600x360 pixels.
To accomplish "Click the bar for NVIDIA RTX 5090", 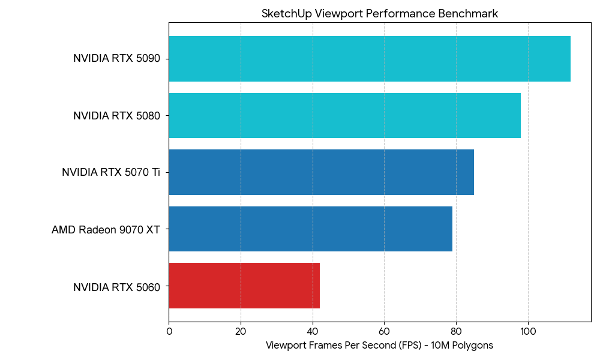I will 369,59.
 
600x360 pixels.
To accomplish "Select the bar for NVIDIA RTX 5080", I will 344,115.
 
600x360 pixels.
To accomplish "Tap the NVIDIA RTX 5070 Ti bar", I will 321,172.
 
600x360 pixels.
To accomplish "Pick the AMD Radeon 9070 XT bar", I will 310,229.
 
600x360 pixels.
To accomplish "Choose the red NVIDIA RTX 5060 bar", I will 244,286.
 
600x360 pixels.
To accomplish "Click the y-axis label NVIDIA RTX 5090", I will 116,59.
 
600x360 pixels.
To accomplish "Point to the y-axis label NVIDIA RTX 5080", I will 116,116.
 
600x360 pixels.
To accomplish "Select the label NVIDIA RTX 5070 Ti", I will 111,173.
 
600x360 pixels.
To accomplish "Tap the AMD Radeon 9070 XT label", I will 106,229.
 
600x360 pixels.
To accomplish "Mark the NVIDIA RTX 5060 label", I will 116,287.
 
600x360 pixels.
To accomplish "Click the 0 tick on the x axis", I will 169,331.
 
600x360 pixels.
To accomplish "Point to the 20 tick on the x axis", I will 241,331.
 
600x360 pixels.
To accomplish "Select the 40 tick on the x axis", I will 313,331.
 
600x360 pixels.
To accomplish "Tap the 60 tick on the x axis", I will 385,331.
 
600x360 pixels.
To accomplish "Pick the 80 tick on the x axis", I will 456,331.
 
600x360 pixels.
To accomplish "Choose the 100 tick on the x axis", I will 528,331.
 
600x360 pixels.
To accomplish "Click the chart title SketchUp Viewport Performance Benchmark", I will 379,14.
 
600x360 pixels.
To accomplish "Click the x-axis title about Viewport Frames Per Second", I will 379,346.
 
